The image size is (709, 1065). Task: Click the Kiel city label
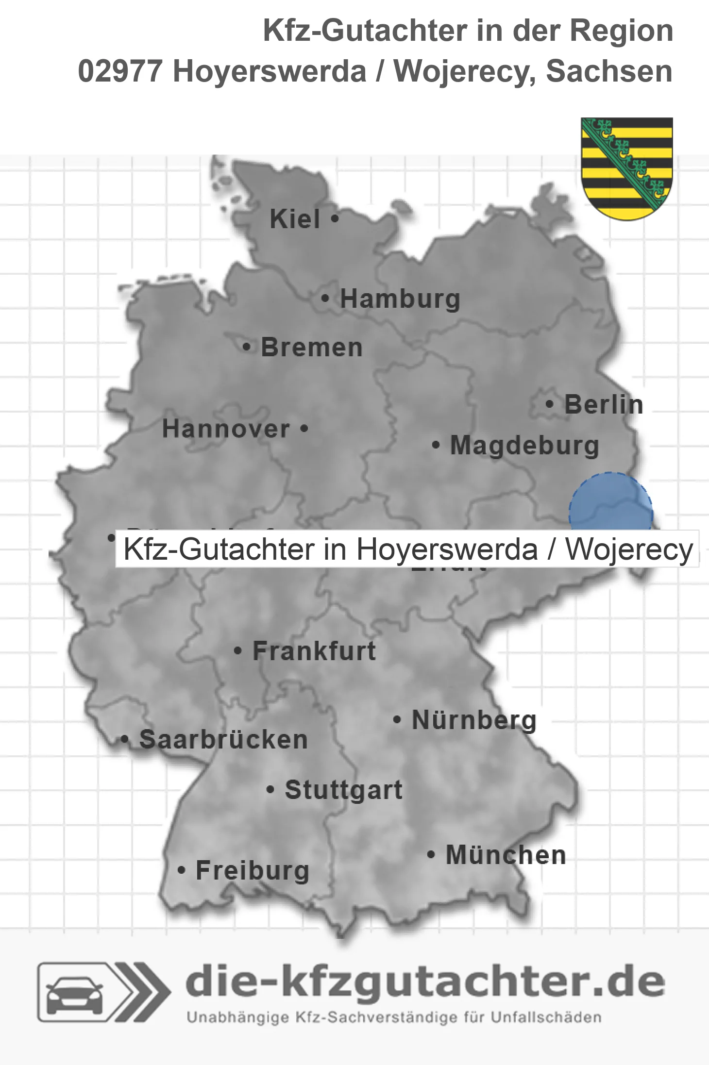click(295, 219)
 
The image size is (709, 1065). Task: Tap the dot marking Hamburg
click(325, 299)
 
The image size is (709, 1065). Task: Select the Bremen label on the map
click(312, 348)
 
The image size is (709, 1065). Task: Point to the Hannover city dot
click(304, 429)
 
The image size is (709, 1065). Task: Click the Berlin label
click(604, 404)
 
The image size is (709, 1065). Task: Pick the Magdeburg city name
click(524, 446)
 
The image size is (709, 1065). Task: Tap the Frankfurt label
click(314, 651)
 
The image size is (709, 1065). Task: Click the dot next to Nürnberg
click(397, 719)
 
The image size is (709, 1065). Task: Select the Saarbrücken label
click(223, 740)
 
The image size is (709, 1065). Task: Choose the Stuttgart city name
click(343, 790)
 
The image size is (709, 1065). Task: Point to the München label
click(506, 855)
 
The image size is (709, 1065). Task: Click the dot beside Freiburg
click(182, 870)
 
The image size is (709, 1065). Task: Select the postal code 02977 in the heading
click(120, 71)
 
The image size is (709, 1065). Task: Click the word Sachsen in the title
click(609, 71)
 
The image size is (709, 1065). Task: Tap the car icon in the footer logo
click(74, 993)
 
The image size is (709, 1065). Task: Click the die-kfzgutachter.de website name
click(425, 982)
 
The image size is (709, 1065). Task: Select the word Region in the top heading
click(621, 31)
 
